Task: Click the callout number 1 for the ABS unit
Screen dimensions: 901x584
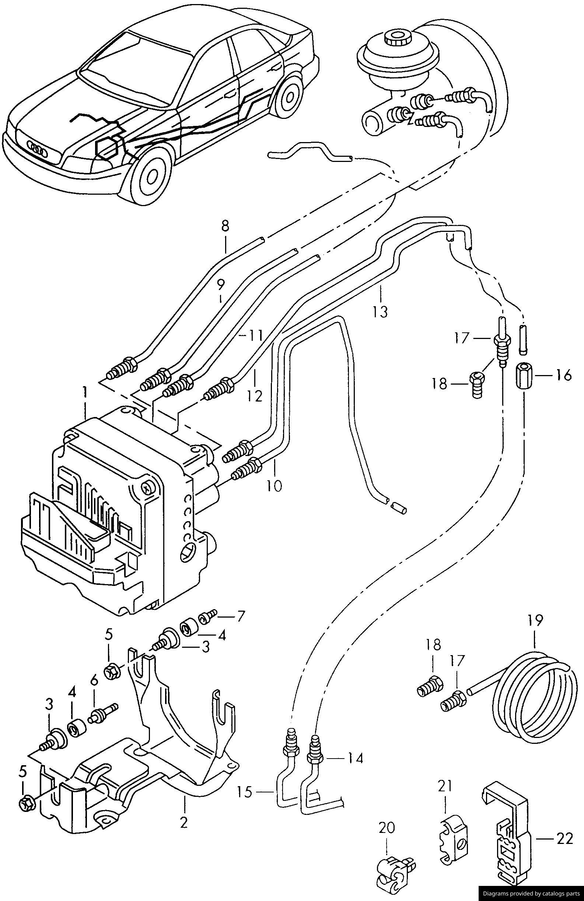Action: (x=85, y=392)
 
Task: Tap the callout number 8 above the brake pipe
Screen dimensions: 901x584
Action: (x=225, y=226)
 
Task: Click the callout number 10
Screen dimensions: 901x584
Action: (x=274, y=485)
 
